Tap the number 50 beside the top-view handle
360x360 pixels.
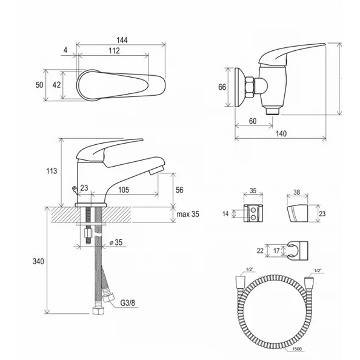coord(39,85)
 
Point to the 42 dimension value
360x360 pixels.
coord(56,85)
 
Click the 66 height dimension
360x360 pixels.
coord(222,87)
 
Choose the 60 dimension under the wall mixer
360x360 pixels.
coord(252,121)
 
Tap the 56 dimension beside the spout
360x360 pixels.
coord(179,190)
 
